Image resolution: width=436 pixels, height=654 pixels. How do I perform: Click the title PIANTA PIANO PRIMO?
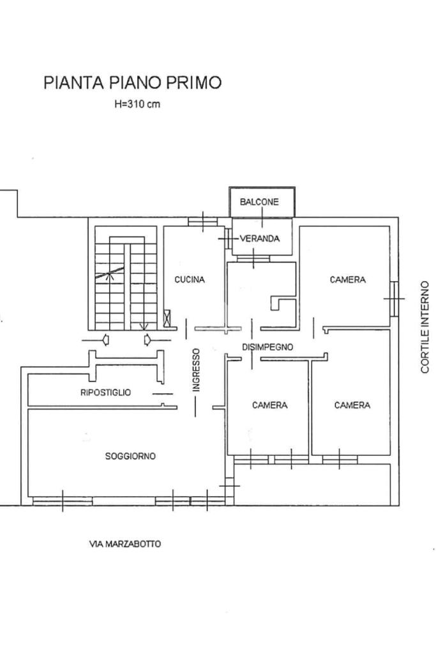point(132,82)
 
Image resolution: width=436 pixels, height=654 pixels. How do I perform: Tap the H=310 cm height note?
point(137,104)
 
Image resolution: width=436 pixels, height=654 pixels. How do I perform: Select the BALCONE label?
point(259,202)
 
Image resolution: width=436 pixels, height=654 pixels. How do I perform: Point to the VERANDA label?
point(259,238)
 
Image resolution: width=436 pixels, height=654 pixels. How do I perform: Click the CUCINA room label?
point(190,279)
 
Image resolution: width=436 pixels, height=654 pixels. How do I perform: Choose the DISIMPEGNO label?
point(267,346)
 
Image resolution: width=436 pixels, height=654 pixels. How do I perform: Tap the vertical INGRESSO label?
point(196,370)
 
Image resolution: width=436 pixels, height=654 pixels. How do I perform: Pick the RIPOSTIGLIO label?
point(105,393)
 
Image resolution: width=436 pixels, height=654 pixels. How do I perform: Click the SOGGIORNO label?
point(130,456)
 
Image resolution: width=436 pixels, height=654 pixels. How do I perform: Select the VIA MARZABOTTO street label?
point(125,544)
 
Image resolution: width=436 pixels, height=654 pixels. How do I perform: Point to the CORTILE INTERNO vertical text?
point(425,327)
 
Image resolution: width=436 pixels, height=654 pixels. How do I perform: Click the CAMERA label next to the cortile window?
point(348,279)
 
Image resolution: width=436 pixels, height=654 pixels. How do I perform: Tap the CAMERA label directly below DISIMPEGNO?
point(269,405)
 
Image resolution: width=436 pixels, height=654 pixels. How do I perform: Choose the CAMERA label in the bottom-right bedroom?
point(352,405)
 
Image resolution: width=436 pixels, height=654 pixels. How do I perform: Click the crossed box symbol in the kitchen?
point(167,318)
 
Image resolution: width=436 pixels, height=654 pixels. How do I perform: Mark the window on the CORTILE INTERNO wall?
point(394,299)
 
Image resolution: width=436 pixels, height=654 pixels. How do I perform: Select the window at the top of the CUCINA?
point(203,221)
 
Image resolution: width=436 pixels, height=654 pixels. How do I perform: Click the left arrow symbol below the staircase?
point(106,340)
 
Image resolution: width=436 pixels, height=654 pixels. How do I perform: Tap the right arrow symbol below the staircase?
point(147,340)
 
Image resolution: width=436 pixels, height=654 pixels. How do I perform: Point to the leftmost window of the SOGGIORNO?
point(63,501)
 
